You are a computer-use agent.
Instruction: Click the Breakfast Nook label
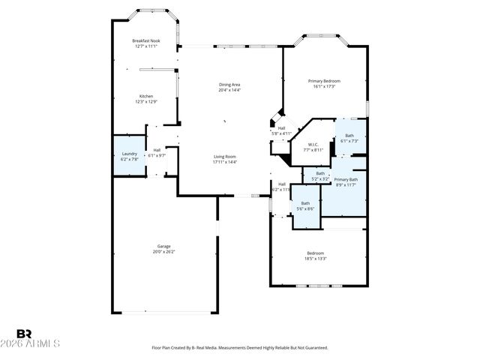click(x=146, y=40)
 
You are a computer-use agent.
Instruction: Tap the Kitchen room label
click(x=146, y=96)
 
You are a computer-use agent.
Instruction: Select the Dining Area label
click(x=229, y=85)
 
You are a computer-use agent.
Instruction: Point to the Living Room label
click(x=224, y=156)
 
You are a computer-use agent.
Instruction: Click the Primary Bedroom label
click(x=324, y=80)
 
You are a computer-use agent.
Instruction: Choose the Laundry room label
click(x=129, y=154)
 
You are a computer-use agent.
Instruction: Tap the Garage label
click(x=163, y=246)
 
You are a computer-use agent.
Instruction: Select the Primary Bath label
click(x=346, y=179)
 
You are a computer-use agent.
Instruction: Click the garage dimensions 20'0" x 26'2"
click(x=163, y=252)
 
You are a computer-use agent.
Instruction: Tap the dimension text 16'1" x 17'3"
click(x=324, y=86)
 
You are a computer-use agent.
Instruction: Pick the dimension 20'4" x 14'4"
click(x=229, y=91)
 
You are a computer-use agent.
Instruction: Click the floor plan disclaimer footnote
click(x=240, y=348)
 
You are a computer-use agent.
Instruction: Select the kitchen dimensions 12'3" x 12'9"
click(x=146, y=102)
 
